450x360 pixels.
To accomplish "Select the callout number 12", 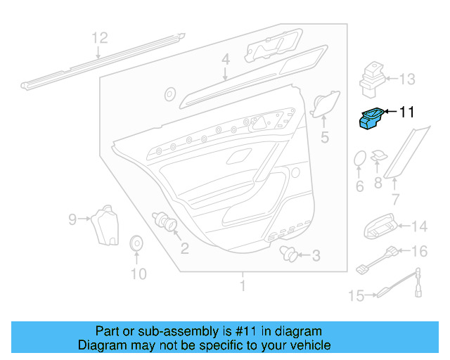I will (x=100, y=37).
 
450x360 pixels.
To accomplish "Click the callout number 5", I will (x=324, y=137).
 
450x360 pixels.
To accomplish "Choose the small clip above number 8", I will (x=378, y=155).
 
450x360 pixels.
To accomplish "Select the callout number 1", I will (x=243, y=286).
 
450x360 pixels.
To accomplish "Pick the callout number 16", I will (x=418, y=251).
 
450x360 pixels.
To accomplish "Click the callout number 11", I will (x=407, y=111).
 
